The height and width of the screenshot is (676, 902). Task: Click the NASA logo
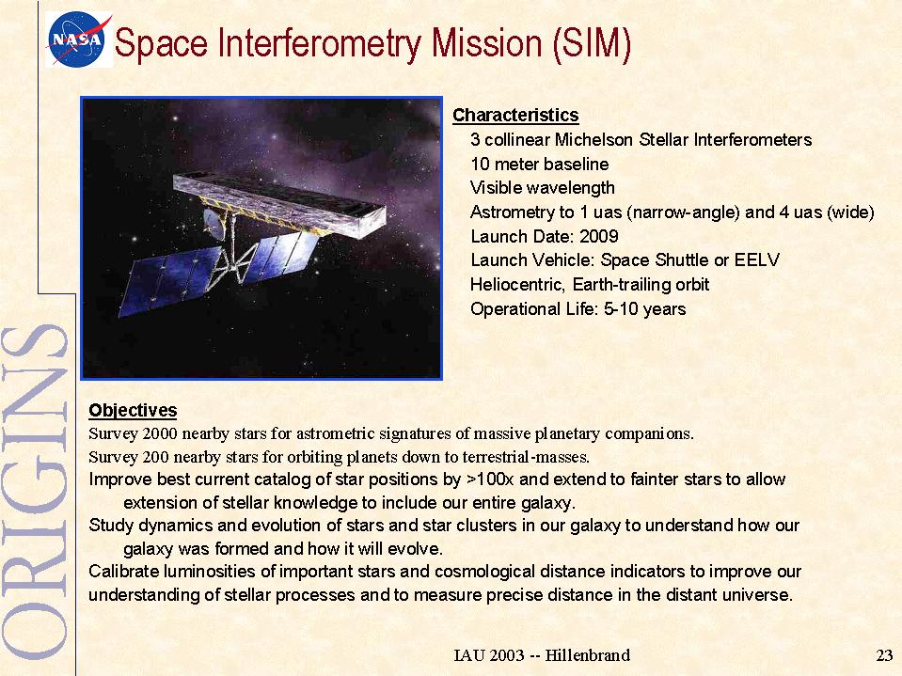coord(79,39)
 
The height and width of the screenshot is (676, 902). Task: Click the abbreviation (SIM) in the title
coord(592,43)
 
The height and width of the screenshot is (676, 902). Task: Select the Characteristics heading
coord(515,115)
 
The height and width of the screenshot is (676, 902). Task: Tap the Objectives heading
coord(133,411)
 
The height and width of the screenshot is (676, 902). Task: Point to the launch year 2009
coord(599,236)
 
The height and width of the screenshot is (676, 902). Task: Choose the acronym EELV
coord(756,260)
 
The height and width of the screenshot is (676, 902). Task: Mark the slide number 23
coord(884,655)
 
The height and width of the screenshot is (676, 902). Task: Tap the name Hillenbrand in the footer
coord(587,655)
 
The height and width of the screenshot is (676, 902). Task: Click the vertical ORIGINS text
coord(36,492)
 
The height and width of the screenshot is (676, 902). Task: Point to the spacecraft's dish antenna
coord(213,224)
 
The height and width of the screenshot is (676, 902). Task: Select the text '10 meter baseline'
coord(540,165)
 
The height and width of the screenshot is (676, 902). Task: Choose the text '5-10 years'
coord(645,309)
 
